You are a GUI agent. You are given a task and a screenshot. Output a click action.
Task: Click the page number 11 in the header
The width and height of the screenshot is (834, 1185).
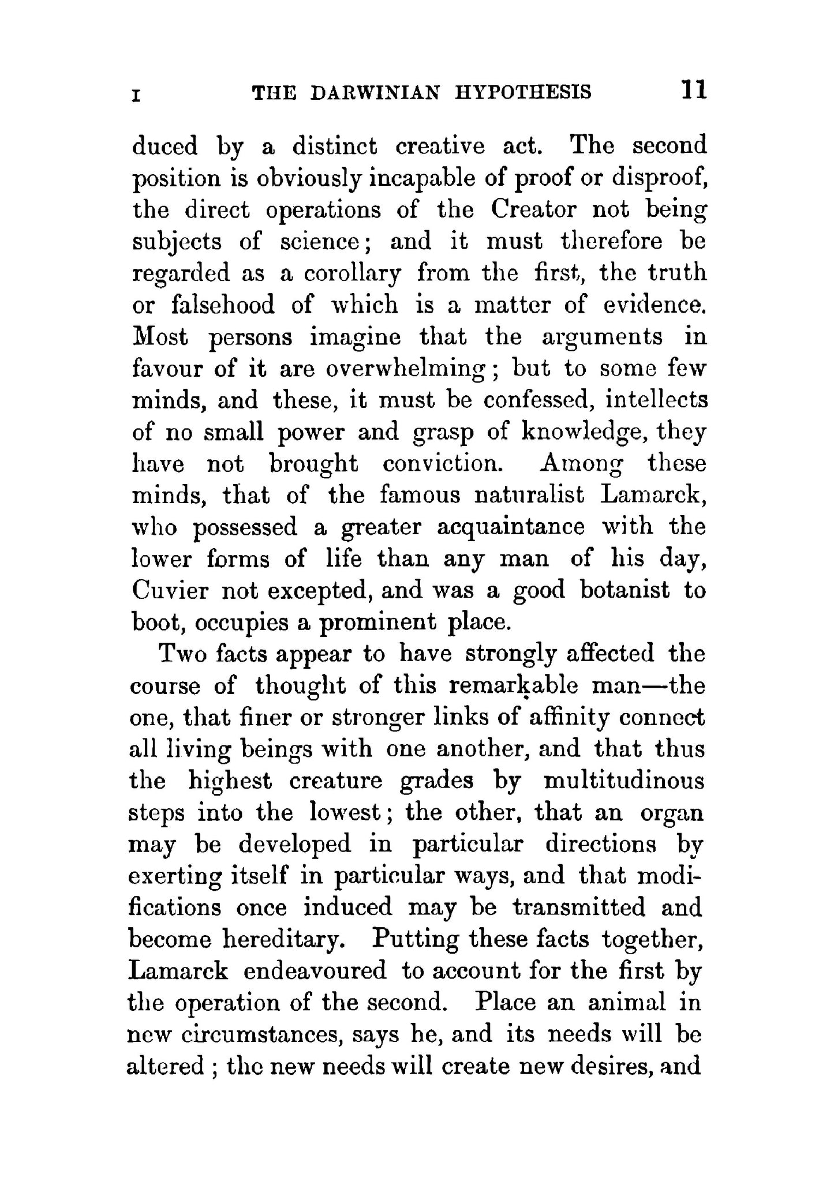[x=693, y=91]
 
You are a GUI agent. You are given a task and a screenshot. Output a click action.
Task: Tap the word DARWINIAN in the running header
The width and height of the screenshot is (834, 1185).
[x=375, y=92]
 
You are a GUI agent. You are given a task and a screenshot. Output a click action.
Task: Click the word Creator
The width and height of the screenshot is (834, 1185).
[x=533, y=209]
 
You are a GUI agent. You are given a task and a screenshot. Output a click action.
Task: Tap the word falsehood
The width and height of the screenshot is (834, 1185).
[x=223, y=305]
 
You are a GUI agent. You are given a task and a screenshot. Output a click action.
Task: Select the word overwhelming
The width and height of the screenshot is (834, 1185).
[x=404, y=369]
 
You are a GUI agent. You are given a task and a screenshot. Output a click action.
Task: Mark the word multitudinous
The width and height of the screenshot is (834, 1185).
[x=624, y=781]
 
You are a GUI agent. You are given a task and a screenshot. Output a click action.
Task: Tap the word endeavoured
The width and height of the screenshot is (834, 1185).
[x=315, y=972]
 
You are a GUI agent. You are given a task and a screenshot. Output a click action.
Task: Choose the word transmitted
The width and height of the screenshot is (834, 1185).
[x=579, y=908]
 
